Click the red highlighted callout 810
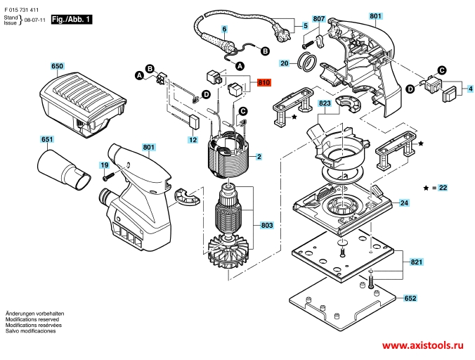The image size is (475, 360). pyautogui.click(x=264, y=83)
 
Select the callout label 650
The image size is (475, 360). pyautogui.click(x=57, y=67)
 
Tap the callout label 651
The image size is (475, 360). pyautogui.click(x=46, y=140)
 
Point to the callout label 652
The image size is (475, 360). pyautogui.click(x=410, y=298)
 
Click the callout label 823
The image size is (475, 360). pyautogui.click(x=325, y=103)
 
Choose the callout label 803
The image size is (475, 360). pyautogui.click(x=267, y=225)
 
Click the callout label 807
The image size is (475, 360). pyautogui.click(x=318, y=18)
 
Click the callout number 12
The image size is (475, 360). pyautogui.click(x=192, y=140)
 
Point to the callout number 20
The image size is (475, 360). pyautogui.click(x=285, y=63)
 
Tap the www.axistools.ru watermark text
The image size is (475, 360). pyautogui.click(x=424, y=347)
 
